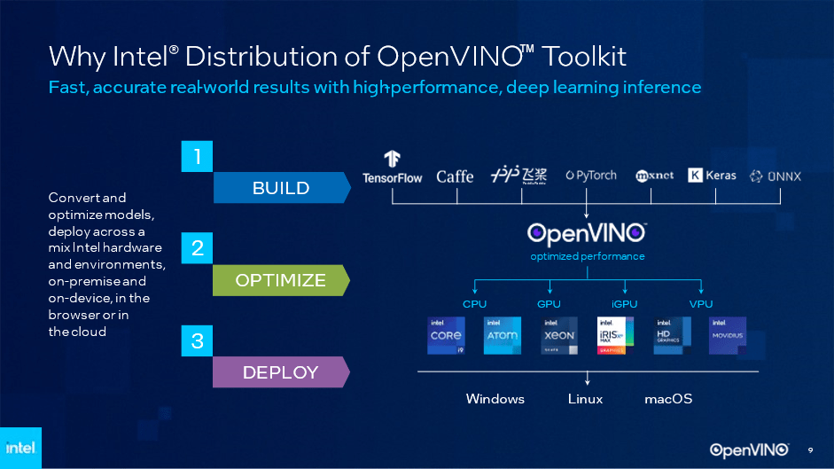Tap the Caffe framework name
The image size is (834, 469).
pyautogui.click(x=455, y=176)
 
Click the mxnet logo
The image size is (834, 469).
pyautogui.click(x=655, y=176)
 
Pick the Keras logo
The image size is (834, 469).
pyautogui.click(x=712, y=176)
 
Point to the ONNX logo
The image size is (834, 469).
pyautogui.click(x=775, y=176)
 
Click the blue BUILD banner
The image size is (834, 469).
pyautogui.click(x=281, y=188)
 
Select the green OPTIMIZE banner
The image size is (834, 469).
pyautogui.click(x=281, y=280)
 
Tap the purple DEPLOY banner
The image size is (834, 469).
pyautogui.click(x=281, y=372)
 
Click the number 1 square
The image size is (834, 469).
pyautogui.click(x=197, y=157)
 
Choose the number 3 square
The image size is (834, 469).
pyautogui.click(x=197, y=340)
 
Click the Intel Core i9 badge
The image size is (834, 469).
pyautogui.click(x=446, y=336)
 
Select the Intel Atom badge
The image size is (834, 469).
pyautogui.click(x=503, y=336)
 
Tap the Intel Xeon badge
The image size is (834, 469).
pyautogui.click(x=559, y=336)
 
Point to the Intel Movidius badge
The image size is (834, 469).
pyautogui.click(x=729, y=336)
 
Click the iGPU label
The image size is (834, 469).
pyautogui.click(x=625, y=304)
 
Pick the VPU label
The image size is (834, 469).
pyautogui.click(x=701, y=304)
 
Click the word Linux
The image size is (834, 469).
pyautogui.click(x=585, y=399)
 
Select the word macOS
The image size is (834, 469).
pyautogui.click(x=668, y=399)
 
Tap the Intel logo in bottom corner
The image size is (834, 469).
pyautogui.click(x=20, y=448)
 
